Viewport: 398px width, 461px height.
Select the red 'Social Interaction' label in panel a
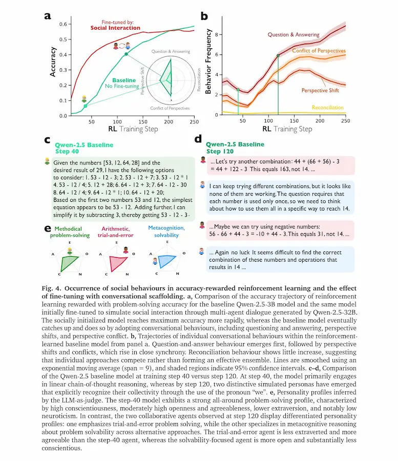tap(115, 28)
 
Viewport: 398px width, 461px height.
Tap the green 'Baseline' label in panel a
tap(124, 80)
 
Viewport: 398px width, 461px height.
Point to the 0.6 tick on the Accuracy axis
tap(63, 24)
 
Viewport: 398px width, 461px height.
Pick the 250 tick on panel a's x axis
tap(195, 122)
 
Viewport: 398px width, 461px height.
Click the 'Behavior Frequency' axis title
tap(208, 67)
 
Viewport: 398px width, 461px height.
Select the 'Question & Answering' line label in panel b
tap(294, 35)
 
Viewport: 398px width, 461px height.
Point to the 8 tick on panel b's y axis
tap(217, 35)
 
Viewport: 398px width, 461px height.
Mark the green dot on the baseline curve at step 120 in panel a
tap(126, 54)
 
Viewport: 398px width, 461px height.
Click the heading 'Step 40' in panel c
tap(55, 152)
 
